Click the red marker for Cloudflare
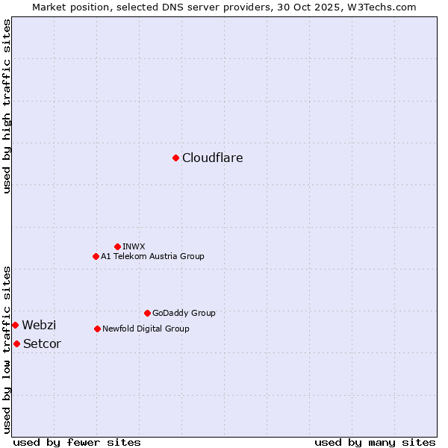tap(175, 158)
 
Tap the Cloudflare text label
tap(212, 158)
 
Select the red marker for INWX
tap(117, 246)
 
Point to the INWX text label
tap(134, 246)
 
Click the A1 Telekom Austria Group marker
tap(96, 256)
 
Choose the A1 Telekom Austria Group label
tap(152, 256)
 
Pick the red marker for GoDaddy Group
tap(147, 313)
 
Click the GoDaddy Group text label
tap(183, 314)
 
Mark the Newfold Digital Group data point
tap(97, 329)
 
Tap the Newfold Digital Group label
tap(146, 329)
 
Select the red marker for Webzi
tap(15, 325)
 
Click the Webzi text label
tap(39, 326)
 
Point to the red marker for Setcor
tap(16, 343)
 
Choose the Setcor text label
tap(42, 344)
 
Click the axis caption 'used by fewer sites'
tap(77, 442)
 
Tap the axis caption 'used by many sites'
tap(375, 442)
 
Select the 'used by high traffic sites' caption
tap(7, 107)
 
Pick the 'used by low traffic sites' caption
tap(7, 349)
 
